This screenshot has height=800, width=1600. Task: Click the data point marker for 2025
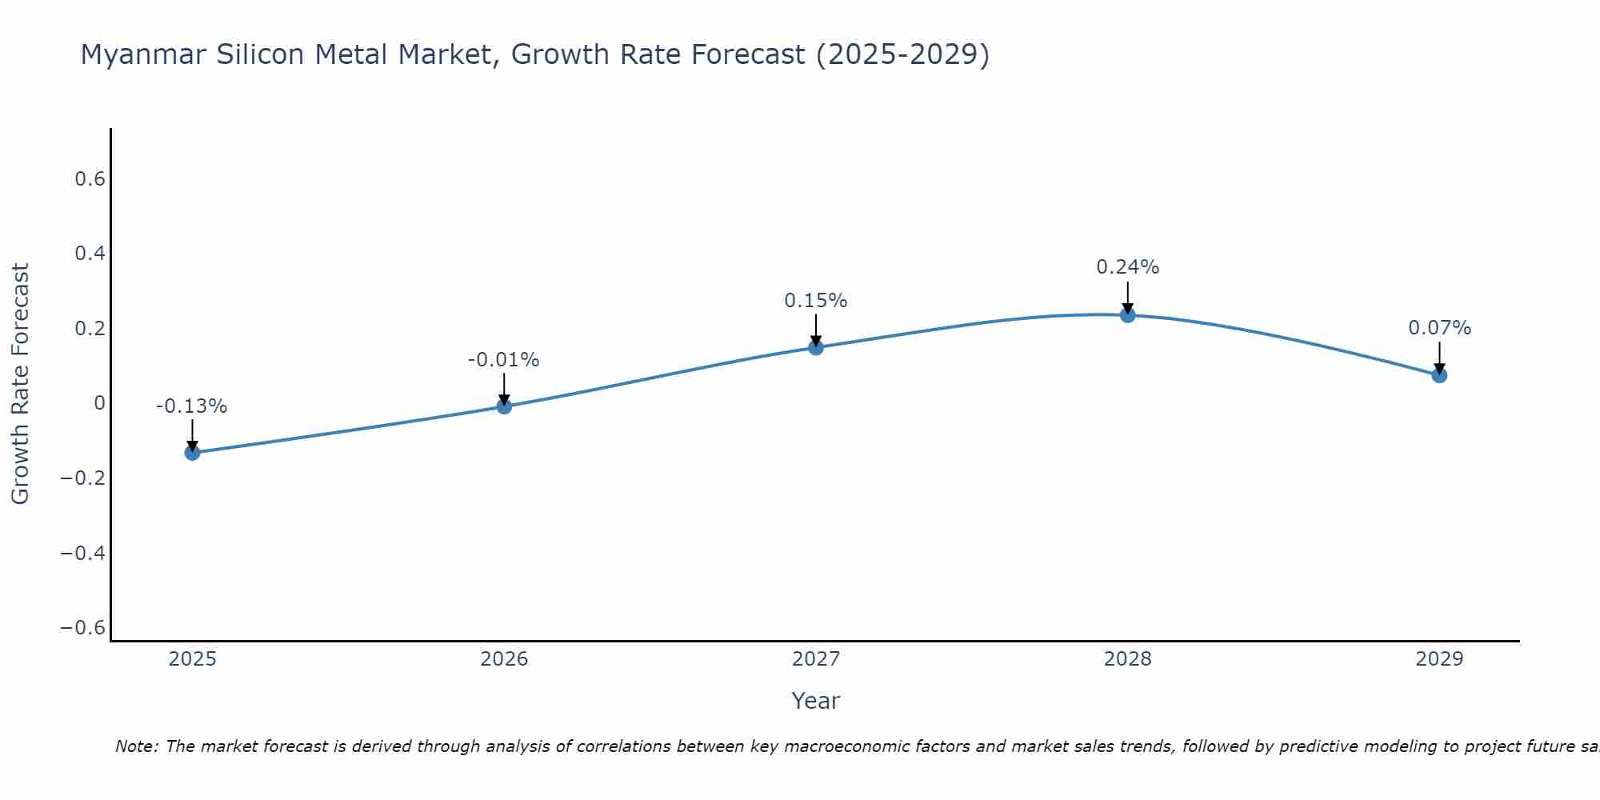click(192, 453)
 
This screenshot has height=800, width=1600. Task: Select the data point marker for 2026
click(504, 406)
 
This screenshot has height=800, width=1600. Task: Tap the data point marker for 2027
click(816, 347)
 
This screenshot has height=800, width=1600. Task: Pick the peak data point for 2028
click(1128, 315)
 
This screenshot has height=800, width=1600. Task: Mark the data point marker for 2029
click(1439, 375)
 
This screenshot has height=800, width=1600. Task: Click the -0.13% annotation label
click(191, 406)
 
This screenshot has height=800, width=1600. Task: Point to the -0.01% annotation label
click(503, 360)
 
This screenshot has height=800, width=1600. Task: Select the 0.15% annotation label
click(815, 301)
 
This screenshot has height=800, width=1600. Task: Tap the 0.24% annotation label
click(1127, 267)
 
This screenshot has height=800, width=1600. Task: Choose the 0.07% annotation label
click(1439, 328)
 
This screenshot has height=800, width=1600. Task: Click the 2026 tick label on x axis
click(504, 659)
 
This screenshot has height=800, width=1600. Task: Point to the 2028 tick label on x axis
click(1127, 659)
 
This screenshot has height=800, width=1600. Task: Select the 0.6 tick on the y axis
click(90, 179)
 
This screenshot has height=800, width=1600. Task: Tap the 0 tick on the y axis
click(99, 403)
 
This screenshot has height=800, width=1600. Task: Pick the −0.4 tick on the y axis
click(83, 553)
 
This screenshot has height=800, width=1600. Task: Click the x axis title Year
click(815, 701)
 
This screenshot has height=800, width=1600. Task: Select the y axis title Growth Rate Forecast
click(20, 384)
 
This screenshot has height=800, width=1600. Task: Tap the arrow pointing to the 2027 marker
click(816, 329)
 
